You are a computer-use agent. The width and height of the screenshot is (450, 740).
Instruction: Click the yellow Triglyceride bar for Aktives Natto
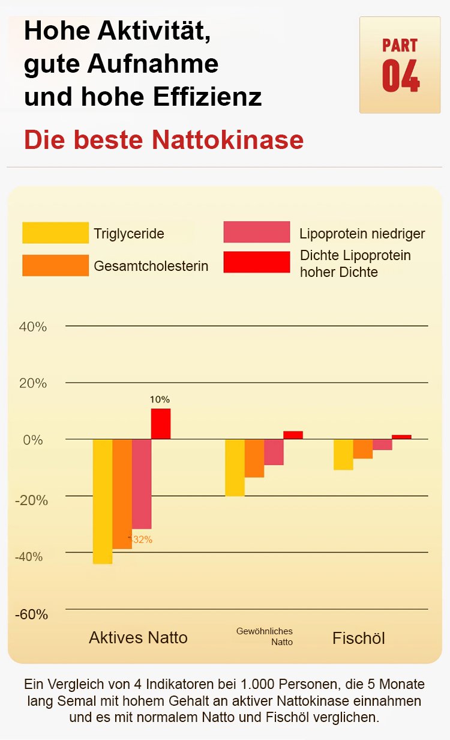pyautogui.click(x=103, y=502)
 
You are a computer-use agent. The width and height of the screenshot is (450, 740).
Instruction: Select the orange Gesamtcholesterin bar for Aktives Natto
pyautogui.click(x=122, y=494)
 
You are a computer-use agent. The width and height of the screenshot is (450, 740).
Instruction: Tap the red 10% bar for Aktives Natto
pyautogui.click(x=161, y=423)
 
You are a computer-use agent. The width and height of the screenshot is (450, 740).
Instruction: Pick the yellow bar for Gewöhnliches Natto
pyautogui.click(x=235, y=467)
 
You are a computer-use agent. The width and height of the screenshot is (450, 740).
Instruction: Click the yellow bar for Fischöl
pyautogui.click(x=343, y=454)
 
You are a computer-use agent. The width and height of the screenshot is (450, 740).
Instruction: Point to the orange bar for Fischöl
pyautogui.click(x=362, y=449)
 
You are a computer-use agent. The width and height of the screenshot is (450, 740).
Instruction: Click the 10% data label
pyautogui.click(x=160, y=399)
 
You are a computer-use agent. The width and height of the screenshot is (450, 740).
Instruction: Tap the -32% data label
pyautogui.click(x=142, y=539)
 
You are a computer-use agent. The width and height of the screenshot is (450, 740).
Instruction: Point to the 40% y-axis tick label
pyautogui.click(x=33, y=327)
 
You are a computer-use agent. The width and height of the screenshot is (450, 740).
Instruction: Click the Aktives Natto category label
pyautogui.click(x=138, y=637)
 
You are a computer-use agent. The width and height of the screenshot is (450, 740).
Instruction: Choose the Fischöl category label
pyautogui.click(x=359, y=638)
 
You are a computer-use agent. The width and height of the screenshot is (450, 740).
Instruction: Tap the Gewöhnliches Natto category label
pyautogui.click(x=265, y=636)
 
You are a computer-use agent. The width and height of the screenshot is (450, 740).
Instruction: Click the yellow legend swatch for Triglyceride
pyautogui.click(x=55, y=233)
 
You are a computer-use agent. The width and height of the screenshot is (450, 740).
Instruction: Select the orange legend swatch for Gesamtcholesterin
pyautogui.click(x=55, y=265)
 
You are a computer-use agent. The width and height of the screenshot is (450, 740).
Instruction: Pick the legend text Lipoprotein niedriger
pyautogui.click(x=362, y=234)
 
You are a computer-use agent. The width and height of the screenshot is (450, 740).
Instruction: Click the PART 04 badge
pyautogui.click(x=400, y=65)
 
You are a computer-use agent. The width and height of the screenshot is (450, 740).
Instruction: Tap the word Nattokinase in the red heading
pyautogui.click(x=227, y=140)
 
